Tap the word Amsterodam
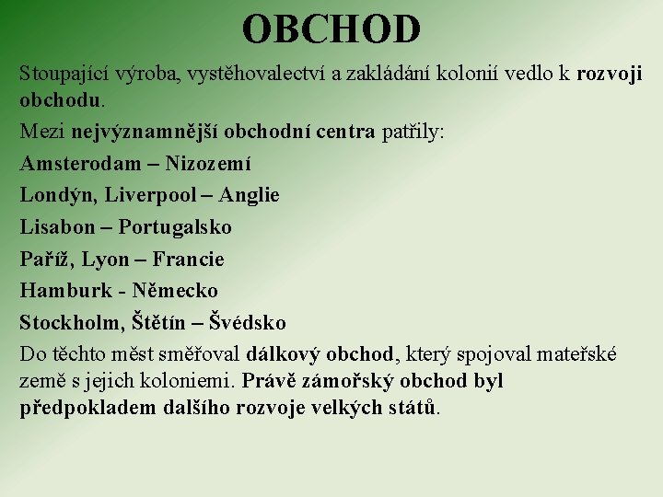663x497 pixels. (73, 164)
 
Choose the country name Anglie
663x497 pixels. (249, 195)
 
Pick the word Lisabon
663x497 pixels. (56, 227)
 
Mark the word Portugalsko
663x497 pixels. (175, 227)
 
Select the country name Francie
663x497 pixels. (189, 260)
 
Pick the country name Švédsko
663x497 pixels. (248, 323)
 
